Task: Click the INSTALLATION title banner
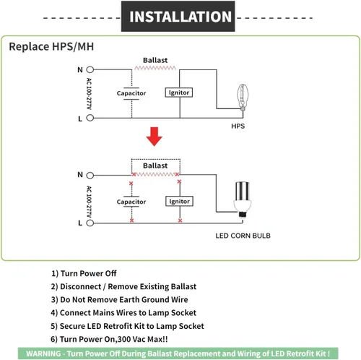point(178,16)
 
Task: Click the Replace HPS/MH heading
point(51,46)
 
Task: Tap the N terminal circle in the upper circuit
point(90,69)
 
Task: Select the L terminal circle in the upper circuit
point(90,118)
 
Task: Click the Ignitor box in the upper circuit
point(179,93)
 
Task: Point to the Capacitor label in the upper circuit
point(131,93)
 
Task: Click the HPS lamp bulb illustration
point(243,98)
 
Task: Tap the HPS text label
point(238,126)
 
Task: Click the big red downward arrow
point(155,137)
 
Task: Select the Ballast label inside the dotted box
point(155,166)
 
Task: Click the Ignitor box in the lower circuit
point(179,201)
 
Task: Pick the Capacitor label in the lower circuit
point(131,202)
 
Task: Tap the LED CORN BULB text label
point(243,236)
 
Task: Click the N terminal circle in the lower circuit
point(90,175)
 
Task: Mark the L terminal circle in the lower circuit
point(90,223)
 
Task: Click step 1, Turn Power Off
point(84,273)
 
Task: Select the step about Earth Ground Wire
point(119,299)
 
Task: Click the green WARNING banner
point(178,353)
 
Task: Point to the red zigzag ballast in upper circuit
point(155,68)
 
